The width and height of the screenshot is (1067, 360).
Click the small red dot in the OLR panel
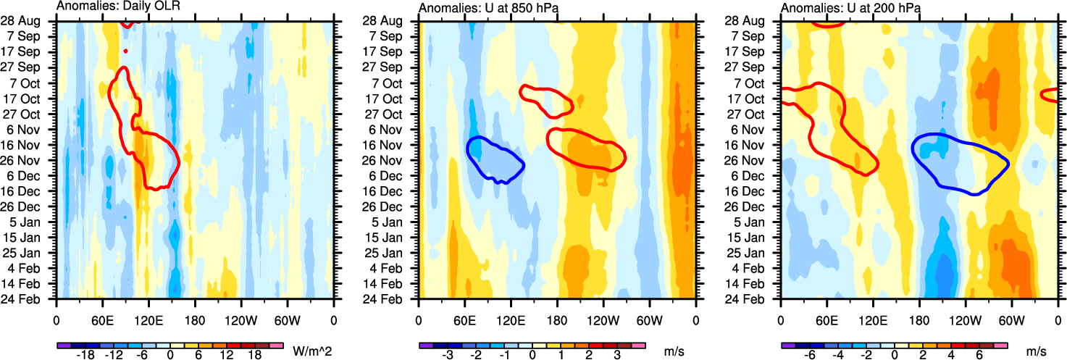coord(125,51)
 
